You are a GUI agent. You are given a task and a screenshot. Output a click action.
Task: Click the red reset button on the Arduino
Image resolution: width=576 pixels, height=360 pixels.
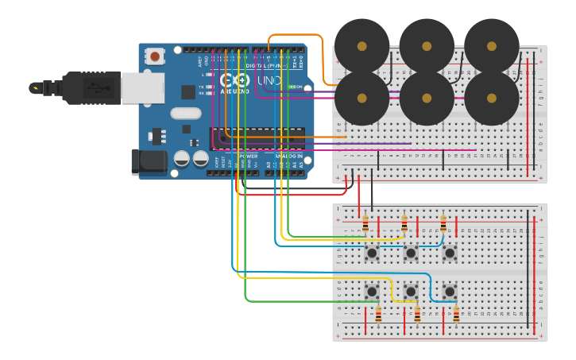tap(155, 56)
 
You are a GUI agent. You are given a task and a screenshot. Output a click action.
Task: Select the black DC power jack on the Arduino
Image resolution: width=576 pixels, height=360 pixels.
tap(149, 162)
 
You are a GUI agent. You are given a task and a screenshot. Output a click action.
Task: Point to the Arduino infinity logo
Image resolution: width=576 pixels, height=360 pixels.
tap(234, 80)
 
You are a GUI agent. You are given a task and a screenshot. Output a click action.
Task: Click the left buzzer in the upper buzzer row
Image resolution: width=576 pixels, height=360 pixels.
tap(362, 45)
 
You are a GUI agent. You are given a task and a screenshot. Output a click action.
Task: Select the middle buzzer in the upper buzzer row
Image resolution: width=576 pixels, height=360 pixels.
tap(427, 45)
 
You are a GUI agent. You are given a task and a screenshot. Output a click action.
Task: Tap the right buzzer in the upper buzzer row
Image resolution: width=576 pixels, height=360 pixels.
tap(492, 45)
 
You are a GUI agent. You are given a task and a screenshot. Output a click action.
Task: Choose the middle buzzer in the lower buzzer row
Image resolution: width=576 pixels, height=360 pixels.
tap(427, 99)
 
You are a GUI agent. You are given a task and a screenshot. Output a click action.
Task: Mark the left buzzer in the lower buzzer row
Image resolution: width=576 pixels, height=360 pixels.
tap(362, 99)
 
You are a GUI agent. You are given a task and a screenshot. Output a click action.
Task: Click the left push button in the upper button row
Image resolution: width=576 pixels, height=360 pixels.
tap(372, 253)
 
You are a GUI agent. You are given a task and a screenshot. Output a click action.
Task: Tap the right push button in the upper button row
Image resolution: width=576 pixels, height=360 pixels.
tap(450, 253)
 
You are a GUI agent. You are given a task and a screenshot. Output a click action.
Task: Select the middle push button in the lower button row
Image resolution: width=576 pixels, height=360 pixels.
tap(411, 292)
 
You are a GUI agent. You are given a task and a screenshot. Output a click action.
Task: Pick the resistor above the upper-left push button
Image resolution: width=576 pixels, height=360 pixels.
tap(365, 225)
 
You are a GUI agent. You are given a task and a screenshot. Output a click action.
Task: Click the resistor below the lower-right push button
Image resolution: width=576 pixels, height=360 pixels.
tap(456, 315)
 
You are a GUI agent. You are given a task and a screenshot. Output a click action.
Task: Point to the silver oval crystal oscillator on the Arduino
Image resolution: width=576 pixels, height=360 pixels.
tap(185, 114)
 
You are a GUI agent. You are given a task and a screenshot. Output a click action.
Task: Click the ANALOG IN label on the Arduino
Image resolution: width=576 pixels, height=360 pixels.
tap(288, 156)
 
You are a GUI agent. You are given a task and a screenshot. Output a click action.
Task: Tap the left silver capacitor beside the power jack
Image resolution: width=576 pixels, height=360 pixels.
tap(182, 158)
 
